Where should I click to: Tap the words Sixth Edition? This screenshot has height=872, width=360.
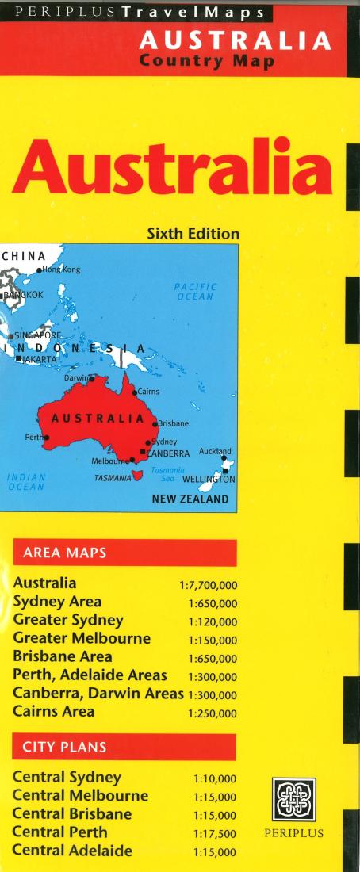point(193,234)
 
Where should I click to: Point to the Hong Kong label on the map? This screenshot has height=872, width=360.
point(61,270)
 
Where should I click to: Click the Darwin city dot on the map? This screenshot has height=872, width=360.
point(92,379)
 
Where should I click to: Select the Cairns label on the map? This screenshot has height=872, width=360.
point(148,392)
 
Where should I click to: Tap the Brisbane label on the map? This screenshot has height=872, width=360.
point(173,424)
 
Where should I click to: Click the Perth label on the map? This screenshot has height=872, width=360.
point(34,437)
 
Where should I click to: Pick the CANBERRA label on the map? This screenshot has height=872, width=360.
point(168,453)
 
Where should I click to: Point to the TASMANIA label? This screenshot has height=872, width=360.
point(113,479)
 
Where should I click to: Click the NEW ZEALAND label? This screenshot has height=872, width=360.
point(190,499)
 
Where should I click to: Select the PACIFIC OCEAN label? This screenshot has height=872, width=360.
point(195,292)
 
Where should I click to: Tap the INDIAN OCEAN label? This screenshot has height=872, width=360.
point(26,482)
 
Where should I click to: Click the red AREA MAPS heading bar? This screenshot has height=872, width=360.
point(124,553)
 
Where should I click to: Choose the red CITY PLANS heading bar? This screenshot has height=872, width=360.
point(124,747)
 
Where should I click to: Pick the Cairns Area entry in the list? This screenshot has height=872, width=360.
point(54,711)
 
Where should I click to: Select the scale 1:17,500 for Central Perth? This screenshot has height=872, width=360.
point(214,834)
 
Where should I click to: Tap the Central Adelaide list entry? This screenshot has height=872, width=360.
point(72,851)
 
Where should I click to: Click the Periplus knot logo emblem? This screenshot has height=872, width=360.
point(293,800)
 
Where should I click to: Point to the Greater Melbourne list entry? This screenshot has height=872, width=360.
point(82,637)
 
